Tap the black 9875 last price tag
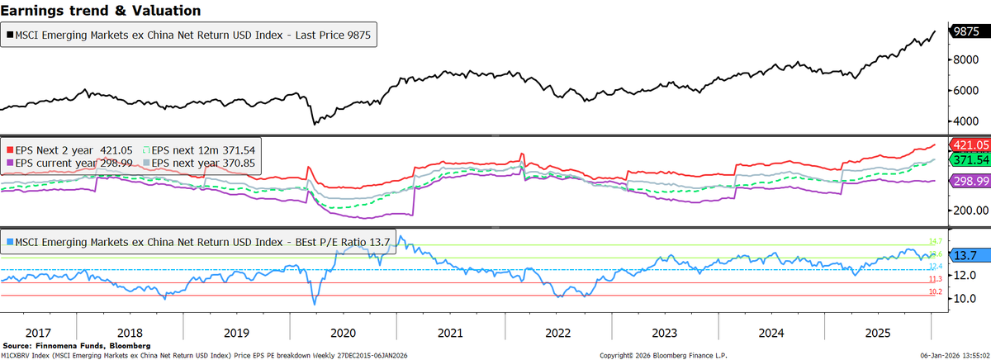pyautogui.click(x=966, y=31)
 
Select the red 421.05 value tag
pyautogui.click(x=969, y=144)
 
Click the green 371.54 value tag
pyautogui.click(x=969, y=159)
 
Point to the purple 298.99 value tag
pyautogui.click(x=969, y=181)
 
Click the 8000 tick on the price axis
pyautogui.click(x=965, y=59)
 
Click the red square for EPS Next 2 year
pyautogui.click(x=10, y=150)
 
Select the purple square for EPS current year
pyautogui.click(x=10, y=163)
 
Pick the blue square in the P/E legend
pyautogui.click(x=10, y=242)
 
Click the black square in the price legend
pyautogui.click(x=10, y=36)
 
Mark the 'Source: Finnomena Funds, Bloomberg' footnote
pyautogui.click(x=77, y=345)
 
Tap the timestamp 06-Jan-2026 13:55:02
pyautogui.click(x=959, y=354)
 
